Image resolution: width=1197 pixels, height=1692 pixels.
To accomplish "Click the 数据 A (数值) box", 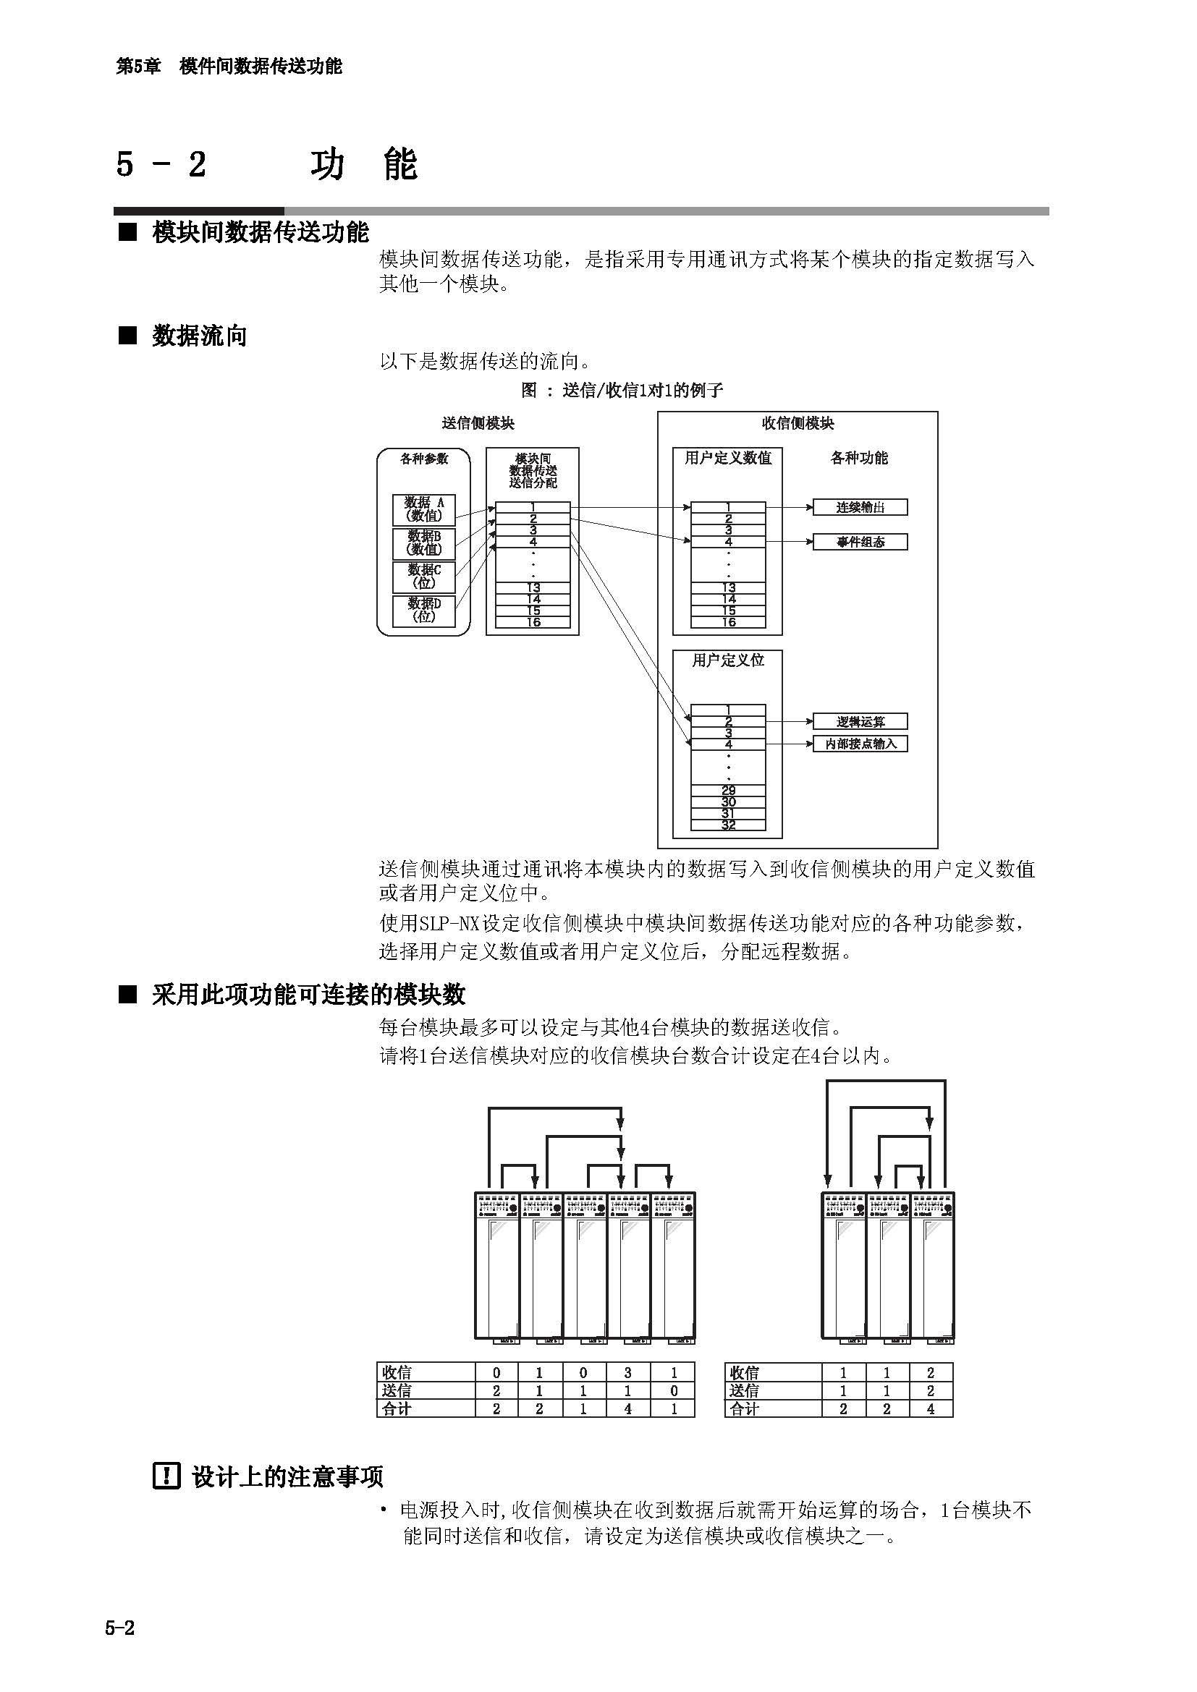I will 424,509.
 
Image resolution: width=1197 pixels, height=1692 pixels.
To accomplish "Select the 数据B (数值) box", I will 424,543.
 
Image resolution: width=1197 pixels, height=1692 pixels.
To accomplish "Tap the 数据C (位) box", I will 424,577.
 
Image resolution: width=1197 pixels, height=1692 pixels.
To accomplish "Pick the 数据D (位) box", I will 424,611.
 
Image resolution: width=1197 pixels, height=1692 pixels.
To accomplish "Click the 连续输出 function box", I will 860,507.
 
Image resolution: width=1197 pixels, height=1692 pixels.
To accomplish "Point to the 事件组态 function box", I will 860,542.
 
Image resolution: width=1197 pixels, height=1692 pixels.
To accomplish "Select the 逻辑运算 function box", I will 860,721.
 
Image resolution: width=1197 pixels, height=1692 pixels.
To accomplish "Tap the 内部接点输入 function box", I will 860,744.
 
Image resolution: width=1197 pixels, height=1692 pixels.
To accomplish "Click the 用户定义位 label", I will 727,660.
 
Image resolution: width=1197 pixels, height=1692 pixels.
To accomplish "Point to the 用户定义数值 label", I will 727,458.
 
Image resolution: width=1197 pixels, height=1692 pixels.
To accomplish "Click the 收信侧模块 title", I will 798,423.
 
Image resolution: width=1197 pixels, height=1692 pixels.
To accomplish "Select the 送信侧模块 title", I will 478,423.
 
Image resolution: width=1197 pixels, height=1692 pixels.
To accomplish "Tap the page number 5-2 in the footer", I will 120,1628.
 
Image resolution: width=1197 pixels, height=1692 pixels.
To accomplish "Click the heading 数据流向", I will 199,336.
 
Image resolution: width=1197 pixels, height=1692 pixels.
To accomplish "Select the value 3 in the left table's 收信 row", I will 628,1372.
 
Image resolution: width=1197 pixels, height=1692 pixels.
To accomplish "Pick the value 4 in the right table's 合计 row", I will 930,1408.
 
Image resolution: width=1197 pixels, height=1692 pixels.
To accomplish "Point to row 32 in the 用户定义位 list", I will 728,825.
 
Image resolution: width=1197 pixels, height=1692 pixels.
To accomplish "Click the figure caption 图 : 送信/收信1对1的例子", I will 622,390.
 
